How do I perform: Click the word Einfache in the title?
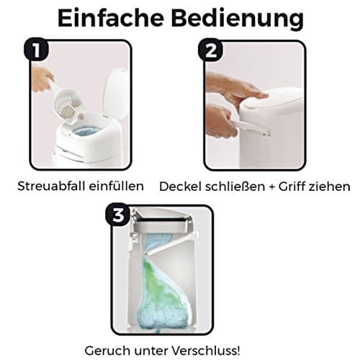click(111, 18)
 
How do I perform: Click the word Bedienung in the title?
click(238, 20)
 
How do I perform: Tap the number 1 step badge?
click(36, 50)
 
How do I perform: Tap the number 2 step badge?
click(210, 50)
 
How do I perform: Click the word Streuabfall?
click(51, 186)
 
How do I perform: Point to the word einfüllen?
click(117, 186)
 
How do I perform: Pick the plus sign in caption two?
click(271, 187)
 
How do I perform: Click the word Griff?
click(292, 186)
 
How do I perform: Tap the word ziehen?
click(329, 186)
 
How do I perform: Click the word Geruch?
click(108, 351)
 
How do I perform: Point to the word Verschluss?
click(207, 351)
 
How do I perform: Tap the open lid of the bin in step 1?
click(117, 94)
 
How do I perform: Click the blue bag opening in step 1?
click(86, 132)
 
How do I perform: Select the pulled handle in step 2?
click(251, 127)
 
